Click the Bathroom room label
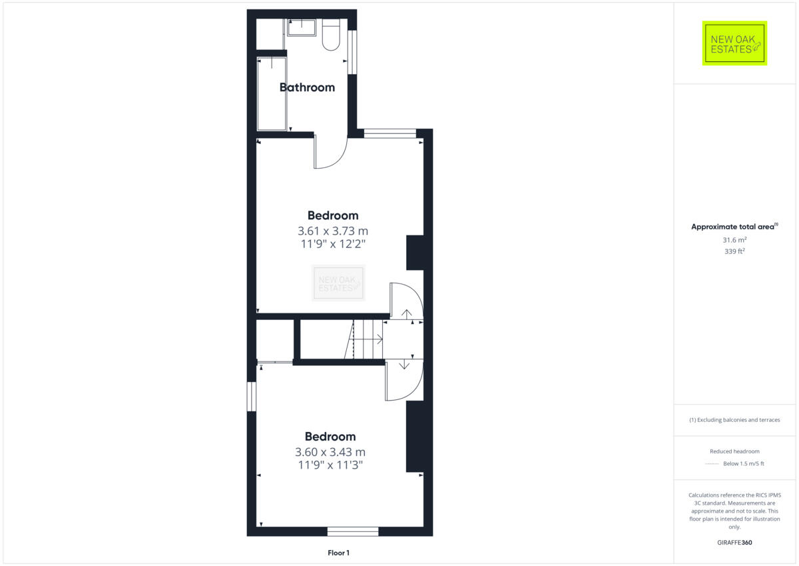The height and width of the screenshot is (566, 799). pos(307,87)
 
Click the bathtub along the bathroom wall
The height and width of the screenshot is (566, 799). pos(272,94)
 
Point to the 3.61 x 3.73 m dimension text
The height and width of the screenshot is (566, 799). pos(333,231)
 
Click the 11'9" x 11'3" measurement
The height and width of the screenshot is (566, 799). pos(330,465)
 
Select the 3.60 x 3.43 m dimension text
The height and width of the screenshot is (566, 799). pos(330,452)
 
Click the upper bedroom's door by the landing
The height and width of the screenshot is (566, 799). pos(405,301)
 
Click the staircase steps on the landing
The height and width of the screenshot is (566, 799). pos(366,339)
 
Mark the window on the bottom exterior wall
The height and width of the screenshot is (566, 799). pos(353,531)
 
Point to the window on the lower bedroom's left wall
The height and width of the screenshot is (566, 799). pos(252,396)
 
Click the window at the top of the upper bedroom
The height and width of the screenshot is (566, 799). pos(390,133)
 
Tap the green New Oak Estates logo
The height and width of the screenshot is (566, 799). pos(734,43)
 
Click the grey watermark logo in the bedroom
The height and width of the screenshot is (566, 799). pos(339,283)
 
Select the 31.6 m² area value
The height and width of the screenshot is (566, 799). pos(734,240)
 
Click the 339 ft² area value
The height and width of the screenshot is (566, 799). pos(734,251)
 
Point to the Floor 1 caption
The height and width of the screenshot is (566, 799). pos(338,553)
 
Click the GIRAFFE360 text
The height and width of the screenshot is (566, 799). pos(734,543)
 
